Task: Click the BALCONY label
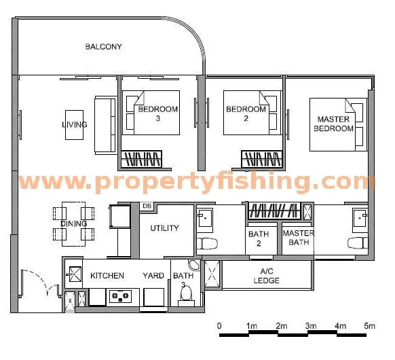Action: (x=103, y=47)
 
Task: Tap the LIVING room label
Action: (x=74, y=124)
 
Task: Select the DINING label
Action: (x=73, y=223)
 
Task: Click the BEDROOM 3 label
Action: (x=157, y=113)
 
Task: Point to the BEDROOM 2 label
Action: (x=246, y=113)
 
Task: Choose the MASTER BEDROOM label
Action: (x=335, y=124)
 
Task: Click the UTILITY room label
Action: (x=165, y=228)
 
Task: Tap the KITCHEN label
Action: (x=107, y=276)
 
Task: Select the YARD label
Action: (x=153, y=276)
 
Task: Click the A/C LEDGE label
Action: (x=267, y=275)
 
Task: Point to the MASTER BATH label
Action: (x=297, y=238)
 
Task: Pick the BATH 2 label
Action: (x=259, y=238)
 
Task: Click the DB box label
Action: (x=147, y=206)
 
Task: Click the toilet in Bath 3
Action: (x=185, y=295)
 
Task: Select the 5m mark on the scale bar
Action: (x=370, y=326)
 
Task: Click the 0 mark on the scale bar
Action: (x=219, y=326)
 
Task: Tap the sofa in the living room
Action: (x=105, y=125)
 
